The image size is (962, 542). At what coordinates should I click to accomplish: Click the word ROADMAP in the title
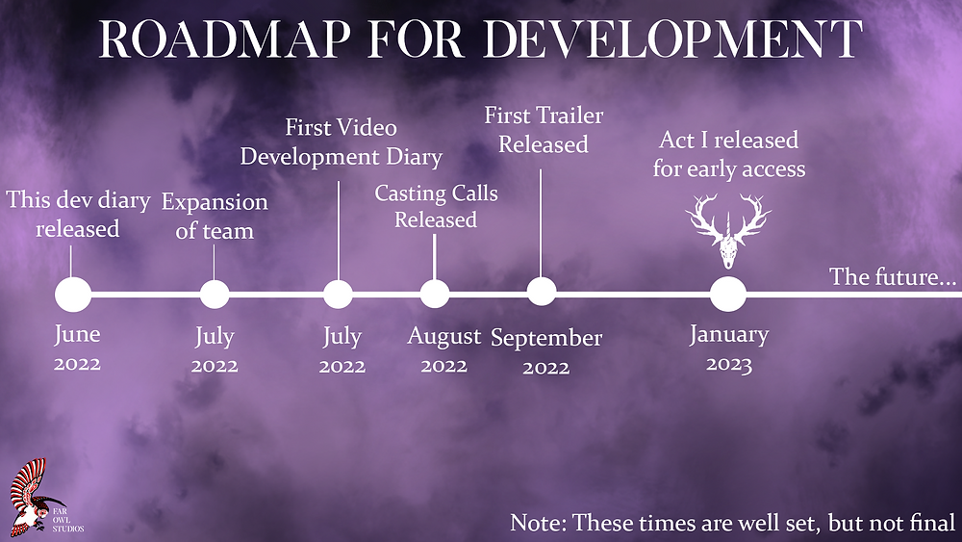tap(224, 39)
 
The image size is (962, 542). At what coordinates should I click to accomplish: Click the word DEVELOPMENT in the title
tap(672, 39)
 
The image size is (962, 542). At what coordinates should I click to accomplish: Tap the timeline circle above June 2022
tap(73, 295)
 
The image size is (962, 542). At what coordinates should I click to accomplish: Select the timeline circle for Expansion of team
tap(215, 295)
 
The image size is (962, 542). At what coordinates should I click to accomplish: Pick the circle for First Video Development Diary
tap(338, 295)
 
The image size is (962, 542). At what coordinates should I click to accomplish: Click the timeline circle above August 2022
tap(435, 294)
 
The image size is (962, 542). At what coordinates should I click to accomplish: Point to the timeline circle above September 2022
tap(541, 292)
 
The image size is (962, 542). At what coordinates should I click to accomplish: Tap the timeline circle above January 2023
tap(728, 294)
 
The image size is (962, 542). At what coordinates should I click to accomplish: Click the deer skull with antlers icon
tap(728, 231)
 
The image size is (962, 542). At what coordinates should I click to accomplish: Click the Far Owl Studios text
tap(67, 520)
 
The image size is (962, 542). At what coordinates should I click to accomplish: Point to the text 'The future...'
tap(893, 277)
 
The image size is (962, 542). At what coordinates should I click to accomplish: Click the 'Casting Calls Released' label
tap(436, 206)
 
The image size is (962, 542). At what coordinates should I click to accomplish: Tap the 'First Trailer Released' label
tap(544, 130)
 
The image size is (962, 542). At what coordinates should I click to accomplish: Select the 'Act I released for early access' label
tap(729, 154)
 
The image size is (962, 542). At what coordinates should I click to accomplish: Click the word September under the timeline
tap(546, 339)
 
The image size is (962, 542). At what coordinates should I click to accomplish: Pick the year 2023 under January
tap(729, 364)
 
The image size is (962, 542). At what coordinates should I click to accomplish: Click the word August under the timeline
tap(444, 336)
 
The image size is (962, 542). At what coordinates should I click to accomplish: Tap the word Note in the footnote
tap(538, 523)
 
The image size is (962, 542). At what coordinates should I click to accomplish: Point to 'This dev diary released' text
tap(78, 215)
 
